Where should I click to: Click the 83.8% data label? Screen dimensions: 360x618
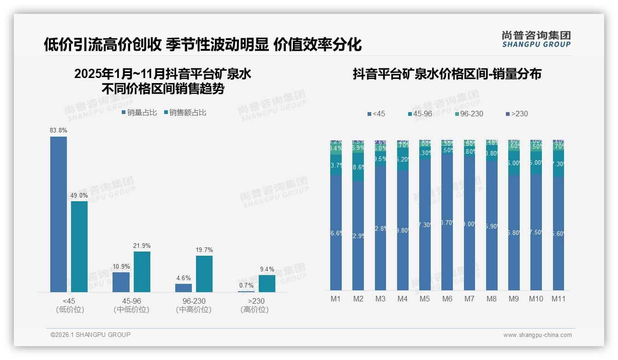click(59, 131)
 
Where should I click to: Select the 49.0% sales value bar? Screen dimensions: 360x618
click(79, 246)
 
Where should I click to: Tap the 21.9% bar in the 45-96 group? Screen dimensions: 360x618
click(142, 272)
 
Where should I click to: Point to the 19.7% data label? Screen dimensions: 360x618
click(204, 250)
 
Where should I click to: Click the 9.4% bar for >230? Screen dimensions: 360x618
click(267, 283)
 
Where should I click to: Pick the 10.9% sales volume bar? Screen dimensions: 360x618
click(121, 282)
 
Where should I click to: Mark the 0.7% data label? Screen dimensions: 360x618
click(246, 286)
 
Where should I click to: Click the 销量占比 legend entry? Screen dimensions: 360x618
click(139, 113)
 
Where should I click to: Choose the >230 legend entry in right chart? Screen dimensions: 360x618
click(517, 114)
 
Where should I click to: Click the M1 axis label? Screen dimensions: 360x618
click(336, 299)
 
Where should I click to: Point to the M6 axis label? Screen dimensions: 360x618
click(447, 299)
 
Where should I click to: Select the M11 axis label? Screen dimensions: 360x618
click(559, 299)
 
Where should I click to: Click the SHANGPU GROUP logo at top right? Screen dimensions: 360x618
click(536, 39)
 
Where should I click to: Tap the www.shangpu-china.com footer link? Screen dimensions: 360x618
click(537, 335)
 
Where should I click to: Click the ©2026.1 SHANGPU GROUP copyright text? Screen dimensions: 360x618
click(90, 335)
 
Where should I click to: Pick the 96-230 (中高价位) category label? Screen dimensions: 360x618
click(194, 305)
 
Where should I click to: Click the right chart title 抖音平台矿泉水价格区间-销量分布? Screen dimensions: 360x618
click(447, 74)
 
